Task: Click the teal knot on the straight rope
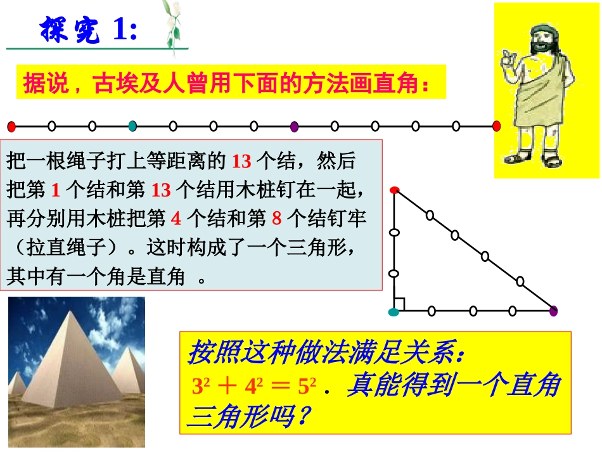(x=132, y=126)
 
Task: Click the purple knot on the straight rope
(x=294, y=126)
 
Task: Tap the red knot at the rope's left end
(x=11, y=126)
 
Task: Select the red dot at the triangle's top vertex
(x=394, y=190)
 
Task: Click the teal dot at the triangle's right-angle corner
(x=394, y=311)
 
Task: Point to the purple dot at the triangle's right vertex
(x=553, y=311)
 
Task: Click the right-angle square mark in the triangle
(x=399, y=305)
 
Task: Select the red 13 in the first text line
(x=241, y=162)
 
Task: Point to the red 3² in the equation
(x=200, y=386)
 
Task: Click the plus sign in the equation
(x=226, y=387)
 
